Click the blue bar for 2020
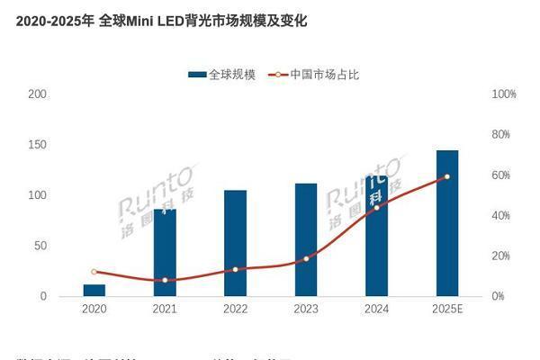point(94,290)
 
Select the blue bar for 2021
point(165,252)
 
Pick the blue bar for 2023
point(306,239)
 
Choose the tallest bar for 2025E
point(447,223)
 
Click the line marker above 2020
point(94,272)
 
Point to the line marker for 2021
point(165,280)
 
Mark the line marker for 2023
point(306,258)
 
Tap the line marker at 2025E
point(447,176)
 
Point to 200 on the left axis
point(38,94)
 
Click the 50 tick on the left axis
point(40,246)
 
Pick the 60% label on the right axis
point(501,175)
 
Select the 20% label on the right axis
point(501,256)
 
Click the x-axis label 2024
point(376,309)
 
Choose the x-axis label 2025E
point(447,309)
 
